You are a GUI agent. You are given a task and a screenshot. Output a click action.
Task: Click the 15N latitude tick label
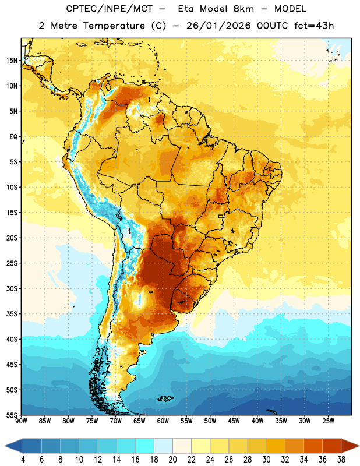(12, 61)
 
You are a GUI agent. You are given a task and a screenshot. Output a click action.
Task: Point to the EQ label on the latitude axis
(13, 137)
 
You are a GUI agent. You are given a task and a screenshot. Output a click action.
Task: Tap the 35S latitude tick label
(12, 314)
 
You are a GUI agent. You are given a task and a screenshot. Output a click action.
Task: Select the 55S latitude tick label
(12, 415)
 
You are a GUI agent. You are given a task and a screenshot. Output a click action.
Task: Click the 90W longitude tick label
(21, 421)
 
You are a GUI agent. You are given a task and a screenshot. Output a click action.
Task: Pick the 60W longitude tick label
(163, 421)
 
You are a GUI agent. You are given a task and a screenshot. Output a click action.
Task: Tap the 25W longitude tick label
(328, 421)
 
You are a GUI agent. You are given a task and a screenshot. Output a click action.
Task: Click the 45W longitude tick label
(234, 421)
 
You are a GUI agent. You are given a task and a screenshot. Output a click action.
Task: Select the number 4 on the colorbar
(23, 460)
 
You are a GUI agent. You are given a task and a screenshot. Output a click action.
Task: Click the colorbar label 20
(172, 460)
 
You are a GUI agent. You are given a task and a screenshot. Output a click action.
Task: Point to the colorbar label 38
(341, 460)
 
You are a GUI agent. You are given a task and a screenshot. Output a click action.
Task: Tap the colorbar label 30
(266, 460)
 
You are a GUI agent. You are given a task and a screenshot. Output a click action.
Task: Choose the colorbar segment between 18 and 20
(164, 446)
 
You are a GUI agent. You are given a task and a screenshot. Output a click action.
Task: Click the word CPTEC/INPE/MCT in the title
(110, 9)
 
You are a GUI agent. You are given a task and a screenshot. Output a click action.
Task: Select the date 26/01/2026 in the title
(218, 26)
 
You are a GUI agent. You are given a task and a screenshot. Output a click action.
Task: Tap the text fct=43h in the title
(314, 26)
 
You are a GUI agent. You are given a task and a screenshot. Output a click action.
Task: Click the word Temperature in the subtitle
(114, 26)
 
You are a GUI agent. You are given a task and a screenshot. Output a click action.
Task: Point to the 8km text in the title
(243, 9)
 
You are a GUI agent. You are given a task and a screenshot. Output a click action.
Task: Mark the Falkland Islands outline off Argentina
(165, 398)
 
